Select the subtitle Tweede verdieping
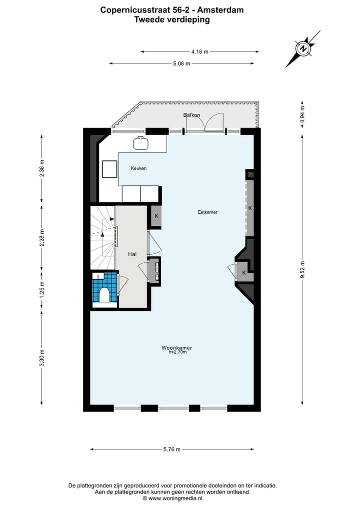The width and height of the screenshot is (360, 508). click(x=172, y=20)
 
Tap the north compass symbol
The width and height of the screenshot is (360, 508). click(x=303, y=48)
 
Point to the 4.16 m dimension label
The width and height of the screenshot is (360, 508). click(x=199, y=51)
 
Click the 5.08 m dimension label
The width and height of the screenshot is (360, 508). click(x=181, y=63)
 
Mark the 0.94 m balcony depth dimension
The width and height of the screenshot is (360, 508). click(x=302, y=115)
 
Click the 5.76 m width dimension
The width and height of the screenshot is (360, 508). click(x=172, y=450)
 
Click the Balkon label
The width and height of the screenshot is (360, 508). click(x=191, y=115)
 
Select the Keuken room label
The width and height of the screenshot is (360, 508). click(x=138, y=168)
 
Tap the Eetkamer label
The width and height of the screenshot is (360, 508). click(x=207, y=212)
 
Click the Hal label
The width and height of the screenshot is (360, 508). click(x=132, y=254)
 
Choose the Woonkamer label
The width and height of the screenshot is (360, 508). click(x=176, y=348)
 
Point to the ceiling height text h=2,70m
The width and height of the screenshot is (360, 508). click(x=177, y=352)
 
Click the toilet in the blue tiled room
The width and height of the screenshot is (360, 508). click(x=104, y=295)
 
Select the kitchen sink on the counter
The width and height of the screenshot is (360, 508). click(x=141, y=143)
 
